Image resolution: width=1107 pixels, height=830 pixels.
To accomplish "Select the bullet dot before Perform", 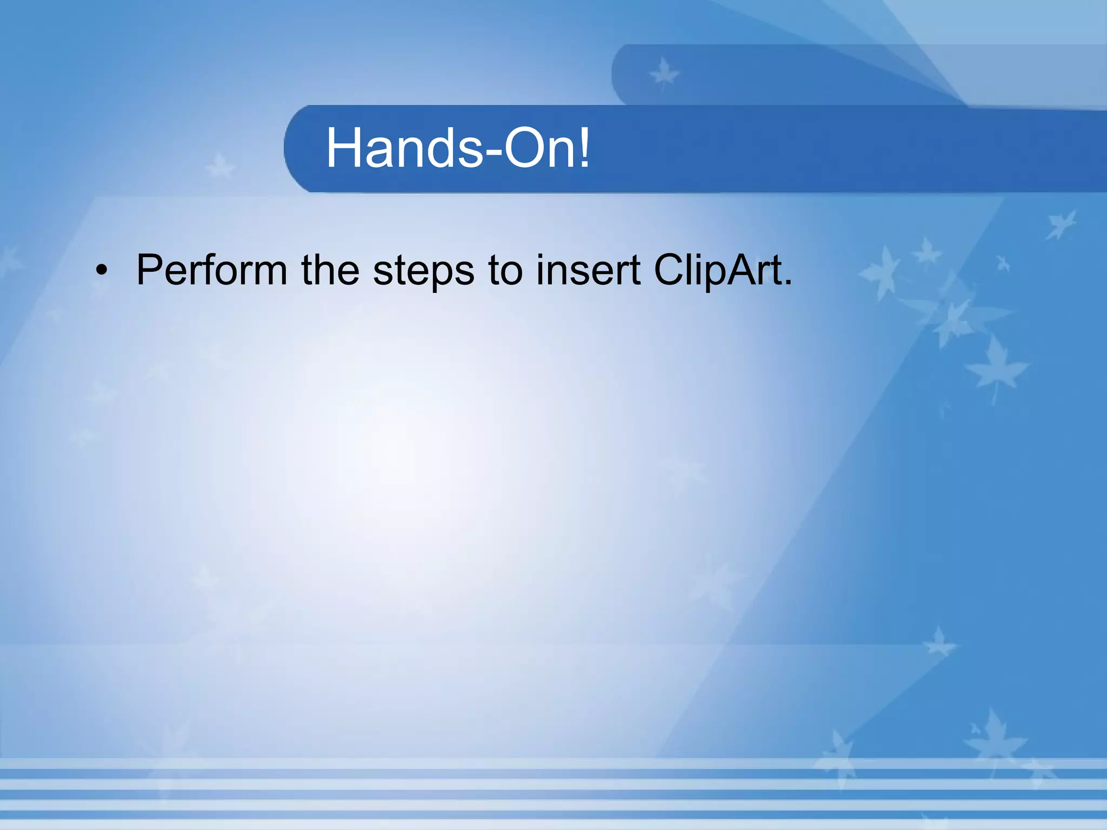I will [101, 271].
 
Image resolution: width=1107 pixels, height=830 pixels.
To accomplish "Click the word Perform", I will [211, 270].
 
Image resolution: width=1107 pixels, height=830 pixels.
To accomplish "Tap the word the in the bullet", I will [330, 270].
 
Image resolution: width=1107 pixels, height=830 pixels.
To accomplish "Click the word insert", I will [588, 270].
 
